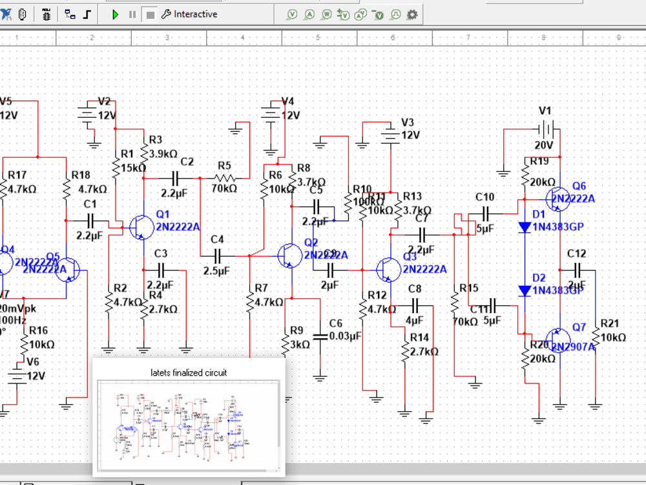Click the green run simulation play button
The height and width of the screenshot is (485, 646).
pos(116,14)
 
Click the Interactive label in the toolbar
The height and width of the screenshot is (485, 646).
pos(195,14)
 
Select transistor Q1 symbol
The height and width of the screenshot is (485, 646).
pos(140,227)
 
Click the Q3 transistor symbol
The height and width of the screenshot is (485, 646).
pos(388,268)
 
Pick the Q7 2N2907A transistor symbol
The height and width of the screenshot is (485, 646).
pos(557,339)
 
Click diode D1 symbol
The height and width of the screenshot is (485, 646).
pos(525,227)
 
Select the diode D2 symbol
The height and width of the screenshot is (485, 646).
pos(525,291)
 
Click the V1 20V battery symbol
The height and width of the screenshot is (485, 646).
pos(547,129)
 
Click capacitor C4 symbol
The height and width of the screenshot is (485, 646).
pos(217,255)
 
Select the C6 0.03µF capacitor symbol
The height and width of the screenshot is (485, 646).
pos(320,336)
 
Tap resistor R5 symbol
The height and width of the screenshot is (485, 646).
pos(224,178)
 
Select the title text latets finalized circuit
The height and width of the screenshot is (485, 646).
pos(189,372)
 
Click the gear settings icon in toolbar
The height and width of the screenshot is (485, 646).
pos(412,14)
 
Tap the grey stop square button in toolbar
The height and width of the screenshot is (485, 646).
pos(150,14)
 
